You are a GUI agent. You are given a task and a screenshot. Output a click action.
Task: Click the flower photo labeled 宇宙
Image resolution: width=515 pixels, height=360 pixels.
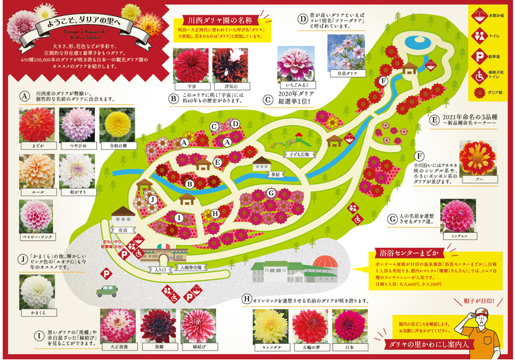tap(191, 64)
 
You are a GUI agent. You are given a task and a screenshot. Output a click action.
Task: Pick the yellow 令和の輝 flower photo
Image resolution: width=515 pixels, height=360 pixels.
tap(118, 124)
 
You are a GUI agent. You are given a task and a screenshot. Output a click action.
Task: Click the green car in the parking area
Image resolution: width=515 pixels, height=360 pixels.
tap(110, 291)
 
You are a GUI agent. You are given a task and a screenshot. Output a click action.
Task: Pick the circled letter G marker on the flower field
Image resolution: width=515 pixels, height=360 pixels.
tap(270, 194)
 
